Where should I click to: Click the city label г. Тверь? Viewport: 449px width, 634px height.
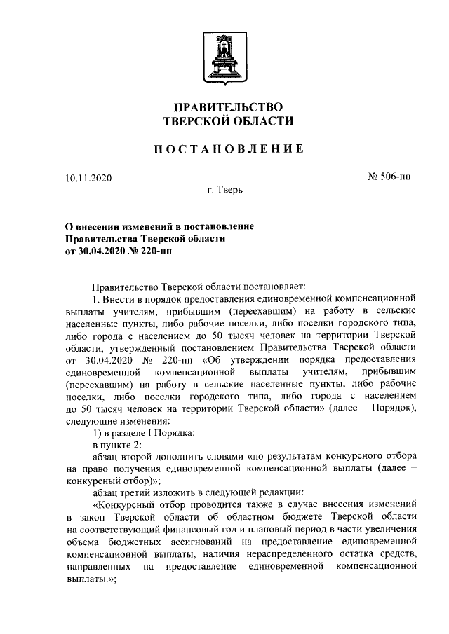point(224,191)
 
